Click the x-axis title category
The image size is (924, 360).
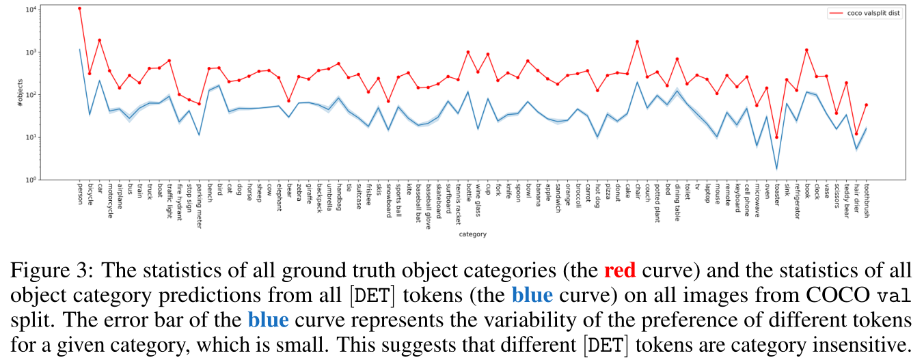(472, 234)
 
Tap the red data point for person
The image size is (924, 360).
(79, 8)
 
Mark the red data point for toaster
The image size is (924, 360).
(776, 137)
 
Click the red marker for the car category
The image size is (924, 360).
(99, 40)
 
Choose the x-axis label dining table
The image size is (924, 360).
(677, 202)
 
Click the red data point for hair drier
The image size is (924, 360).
(856, 134)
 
